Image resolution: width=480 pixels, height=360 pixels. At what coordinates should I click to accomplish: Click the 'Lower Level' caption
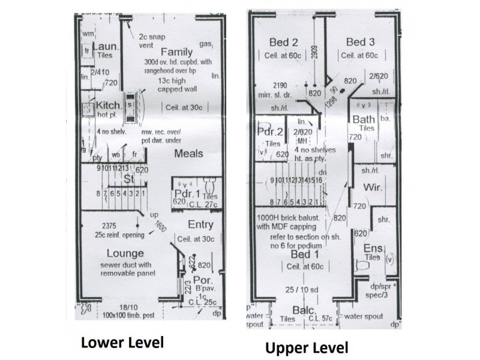[x=122, y=343]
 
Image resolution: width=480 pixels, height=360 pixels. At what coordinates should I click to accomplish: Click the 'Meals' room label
[x=189, y=154]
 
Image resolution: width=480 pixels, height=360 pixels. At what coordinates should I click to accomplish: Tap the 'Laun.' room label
[x=107, y=46]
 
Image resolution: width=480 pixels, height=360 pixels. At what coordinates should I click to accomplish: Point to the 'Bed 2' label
[x=284, y=42]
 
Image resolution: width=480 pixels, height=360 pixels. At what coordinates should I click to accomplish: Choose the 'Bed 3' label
[x=360, y=42]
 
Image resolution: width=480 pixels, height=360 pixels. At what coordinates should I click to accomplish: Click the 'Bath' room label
[x=364, y=119]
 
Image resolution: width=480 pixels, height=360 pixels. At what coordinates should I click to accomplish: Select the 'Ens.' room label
[x=373, y=248]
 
